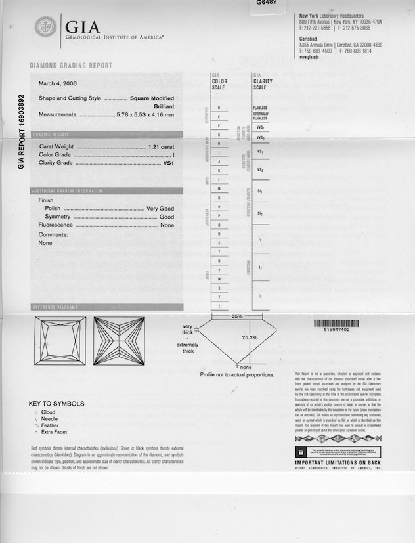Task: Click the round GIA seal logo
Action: (45, 27)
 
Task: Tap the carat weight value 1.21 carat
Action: (161, 146)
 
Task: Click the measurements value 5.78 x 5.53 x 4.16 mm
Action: (145, 115)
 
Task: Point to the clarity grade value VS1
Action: (168, 163)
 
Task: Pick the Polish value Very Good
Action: (160, 208)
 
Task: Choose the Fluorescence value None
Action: (167, 225)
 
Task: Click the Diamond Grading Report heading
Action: (71, 66)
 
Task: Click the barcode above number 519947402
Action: (338, 323)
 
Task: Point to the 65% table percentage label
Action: (236, 316)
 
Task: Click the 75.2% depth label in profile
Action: (249, 337)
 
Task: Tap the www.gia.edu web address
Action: (309, 57)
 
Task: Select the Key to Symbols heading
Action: (56, 403)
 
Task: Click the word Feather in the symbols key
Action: (50, 425)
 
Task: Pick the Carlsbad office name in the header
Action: (309, 38)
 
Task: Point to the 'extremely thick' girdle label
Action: (186, 348)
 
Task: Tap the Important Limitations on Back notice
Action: (338, 463)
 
